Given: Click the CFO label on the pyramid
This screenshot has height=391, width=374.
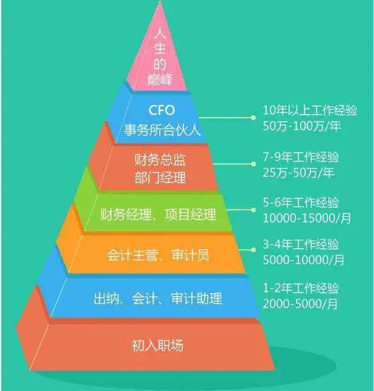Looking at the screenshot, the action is [x=162, y=110].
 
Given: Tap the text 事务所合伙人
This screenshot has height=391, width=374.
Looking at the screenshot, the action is [x=162, y=130].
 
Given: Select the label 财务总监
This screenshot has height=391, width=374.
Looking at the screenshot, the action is [x=160, y=159].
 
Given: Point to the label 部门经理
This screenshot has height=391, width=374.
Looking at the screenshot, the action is [x=160, y=178].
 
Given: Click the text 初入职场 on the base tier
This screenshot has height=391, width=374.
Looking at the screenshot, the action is [x=157, y=346].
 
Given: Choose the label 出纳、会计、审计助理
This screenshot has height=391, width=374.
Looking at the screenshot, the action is [x=157, y=298].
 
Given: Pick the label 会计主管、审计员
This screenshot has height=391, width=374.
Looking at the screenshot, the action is [x=158, y=255].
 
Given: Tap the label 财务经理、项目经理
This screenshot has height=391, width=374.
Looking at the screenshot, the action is [x=158, y=214].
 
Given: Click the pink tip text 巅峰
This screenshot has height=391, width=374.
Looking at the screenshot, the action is [x=160, y=79].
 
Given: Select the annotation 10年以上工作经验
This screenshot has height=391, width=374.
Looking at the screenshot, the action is [x=310, y=110].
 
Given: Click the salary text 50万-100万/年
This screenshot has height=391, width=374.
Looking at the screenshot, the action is [x=302, y=126].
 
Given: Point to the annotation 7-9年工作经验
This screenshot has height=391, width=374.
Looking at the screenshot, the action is [x=301, y=157].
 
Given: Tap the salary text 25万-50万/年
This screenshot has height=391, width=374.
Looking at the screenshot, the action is [x=298, y=173].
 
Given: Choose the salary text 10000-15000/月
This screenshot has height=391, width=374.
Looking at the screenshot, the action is [x=307, y=218].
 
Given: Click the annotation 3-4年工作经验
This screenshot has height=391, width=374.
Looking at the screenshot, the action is [x=301, y=244].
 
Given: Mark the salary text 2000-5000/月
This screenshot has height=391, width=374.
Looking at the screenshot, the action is [x=300, y=304].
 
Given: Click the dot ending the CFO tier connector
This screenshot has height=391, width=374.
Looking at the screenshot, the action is [x=253, y=118].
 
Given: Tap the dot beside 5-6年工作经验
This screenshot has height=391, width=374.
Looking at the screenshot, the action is [x=253, y=210].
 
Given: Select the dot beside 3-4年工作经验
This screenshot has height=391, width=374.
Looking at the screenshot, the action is [x=253, y=250].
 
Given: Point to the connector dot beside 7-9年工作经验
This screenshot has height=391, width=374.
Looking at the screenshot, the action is [x=253, y=164].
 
